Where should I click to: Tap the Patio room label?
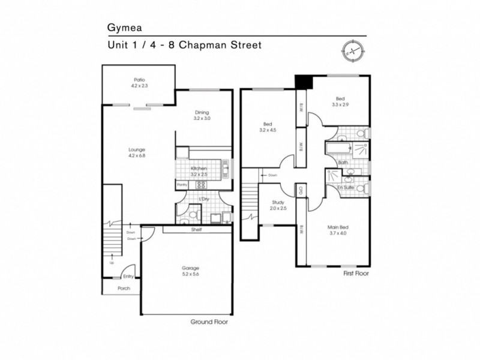click(x=139, y=83)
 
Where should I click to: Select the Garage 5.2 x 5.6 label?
click(x=191, y=271)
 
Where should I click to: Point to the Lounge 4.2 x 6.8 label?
click(x=137, y=152)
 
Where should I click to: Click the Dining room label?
click(x=202, y=115)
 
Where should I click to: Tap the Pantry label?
click(x=182, y=185)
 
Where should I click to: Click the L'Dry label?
click(x=203, y=199)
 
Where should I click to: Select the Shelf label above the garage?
click(x=196, y=229)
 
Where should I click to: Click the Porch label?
click(x=124, y=289)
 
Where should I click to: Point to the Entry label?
click(x=128, y=277)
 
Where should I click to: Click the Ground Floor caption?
click(x=209, y=322)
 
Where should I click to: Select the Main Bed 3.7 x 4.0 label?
click(x=338, y=230)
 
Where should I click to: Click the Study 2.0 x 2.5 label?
click(x=278, y=206)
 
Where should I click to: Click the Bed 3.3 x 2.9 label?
click(x=340, y=101)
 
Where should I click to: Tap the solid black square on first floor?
click(x=302, y=82)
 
